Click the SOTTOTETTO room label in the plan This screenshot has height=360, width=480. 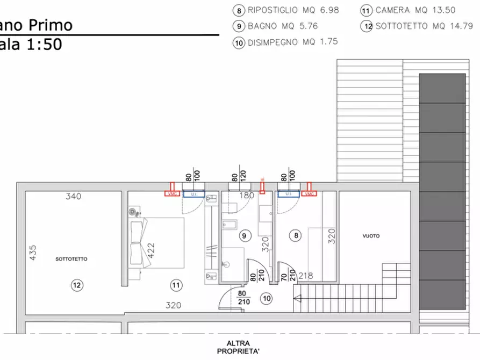point(71,259)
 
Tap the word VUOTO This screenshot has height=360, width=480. point(371,236)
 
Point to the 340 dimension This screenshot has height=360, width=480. point(73,196)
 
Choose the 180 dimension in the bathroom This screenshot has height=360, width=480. point(246,196)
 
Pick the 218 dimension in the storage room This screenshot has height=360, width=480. point(305,275)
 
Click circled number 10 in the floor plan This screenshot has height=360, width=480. point(266,298)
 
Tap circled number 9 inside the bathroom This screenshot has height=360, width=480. point(244,235)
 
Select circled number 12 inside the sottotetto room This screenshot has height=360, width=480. point(77,285)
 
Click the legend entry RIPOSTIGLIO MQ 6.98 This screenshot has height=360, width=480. point(286,10)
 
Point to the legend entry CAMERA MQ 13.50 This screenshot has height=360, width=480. point(410,10)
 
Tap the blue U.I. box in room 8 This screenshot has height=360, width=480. point(289,194)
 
